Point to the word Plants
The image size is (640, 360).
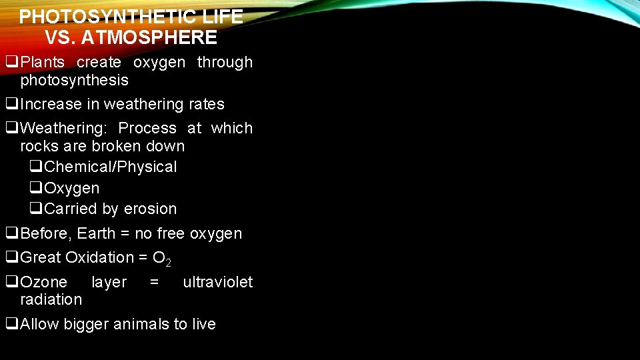[x=43, y=62]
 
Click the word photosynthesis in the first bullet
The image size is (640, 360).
[x=74, y=80]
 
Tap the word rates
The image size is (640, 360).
[x=206, y=104]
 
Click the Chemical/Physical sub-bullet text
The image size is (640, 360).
[x=110, y=167]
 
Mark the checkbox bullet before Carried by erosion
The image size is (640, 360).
[x=36, y=209]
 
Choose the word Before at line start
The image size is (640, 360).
[x=45, y=233]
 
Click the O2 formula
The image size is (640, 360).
[x=162, y=259]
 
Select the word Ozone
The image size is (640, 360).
[x=44, y=282]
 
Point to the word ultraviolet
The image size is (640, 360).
[x=217, y=282]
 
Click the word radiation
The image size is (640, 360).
[x=51, y=299]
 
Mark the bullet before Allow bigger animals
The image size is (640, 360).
[x=12, y=324]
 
